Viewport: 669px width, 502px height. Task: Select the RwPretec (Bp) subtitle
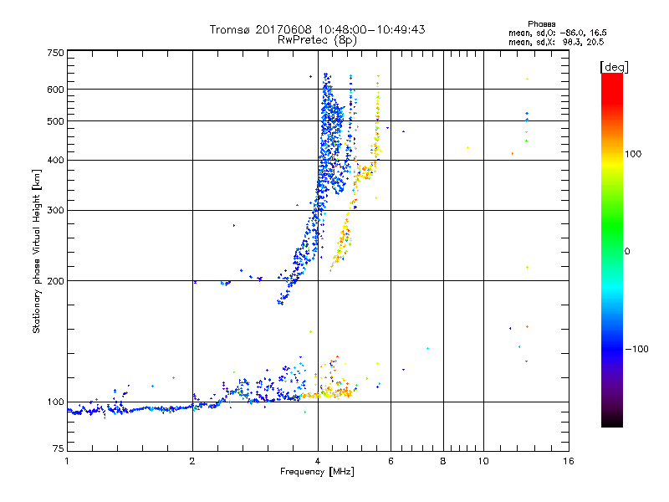317,39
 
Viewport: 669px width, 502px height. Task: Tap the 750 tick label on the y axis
55,52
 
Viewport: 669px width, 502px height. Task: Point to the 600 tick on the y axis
55,89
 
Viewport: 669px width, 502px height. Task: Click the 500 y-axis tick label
55,120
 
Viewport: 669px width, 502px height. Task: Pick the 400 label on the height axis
55,160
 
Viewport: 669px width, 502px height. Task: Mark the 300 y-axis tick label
55,210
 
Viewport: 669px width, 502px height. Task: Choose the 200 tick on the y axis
55,280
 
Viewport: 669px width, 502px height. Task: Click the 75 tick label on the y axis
58,451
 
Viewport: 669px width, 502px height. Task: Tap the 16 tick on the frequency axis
568,461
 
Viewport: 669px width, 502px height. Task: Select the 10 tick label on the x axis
483,461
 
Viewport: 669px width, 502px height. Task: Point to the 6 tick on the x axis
391,461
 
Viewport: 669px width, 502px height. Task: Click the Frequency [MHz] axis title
317,472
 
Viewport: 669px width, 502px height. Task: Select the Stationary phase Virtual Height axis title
37,251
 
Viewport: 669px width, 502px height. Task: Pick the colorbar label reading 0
628,251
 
